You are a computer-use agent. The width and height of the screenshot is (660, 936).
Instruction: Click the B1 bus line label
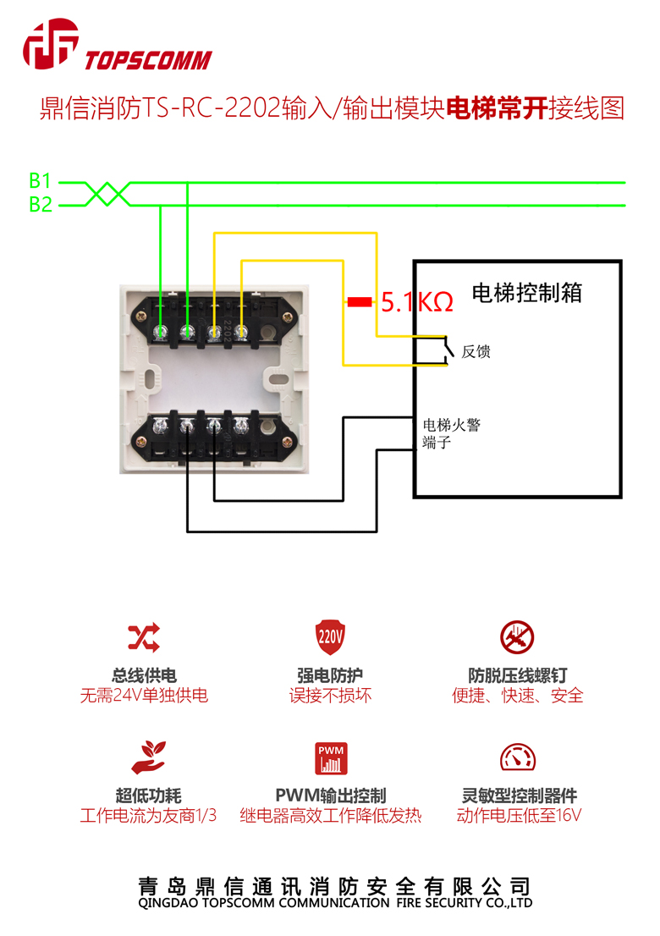[x=40, y=181]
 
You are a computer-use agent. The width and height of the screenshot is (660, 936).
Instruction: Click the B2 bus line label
[x=40, y=205]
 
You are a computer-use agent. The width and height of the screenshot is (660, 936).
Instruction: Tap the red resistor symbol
[x=360, y=301]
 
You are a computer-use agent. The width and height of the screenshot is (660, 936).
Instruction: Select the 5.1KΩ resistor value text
[x=416, y=302]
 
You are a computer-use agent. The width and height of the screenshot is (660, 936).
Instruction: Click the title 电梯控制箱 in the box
[x=526, y=293]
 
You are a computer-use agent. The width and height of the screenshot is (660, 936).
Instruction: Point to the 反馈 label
[x=476, y=351]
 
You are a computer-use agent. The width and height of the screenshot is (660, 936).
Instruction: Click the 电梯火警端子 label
[x=451, y=432]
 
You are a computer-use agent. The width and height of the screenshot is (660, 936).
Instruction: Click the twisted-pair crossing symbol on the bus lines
[x=108, y=194]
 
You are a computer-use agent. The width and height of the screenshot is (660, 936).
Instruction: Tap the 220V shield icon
[x=330, y=635]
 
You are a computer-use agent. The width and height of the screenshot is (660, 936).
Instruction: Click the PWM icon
[x=331, y=758]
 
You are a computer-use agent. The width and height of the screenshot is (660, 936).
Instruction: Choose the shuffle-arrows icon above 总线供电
[x=144, y=636]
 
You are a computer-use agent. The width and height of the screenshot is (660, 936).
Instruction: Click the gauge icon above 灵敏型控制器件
[x=517, y=757]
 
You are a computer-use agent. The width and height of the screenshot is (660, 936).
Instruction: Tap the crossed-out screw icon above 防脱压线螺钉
[x=517, y=636]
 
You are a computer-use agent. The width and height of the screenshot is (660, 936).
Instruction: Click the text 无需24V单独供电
[x=144, y=696]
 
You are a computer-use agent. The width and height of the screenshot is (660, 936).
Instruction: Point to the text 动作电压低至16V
[x=519, y=817]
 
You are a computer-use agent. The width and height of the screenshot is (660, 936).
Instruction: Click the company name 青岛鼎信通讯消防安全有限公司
[x=335, y=886]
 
